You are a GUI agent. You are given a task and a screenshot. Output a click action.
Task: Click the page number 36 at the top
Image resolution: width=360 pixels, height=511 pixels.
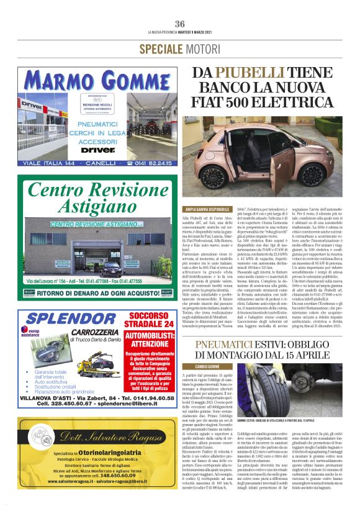coord(180,24)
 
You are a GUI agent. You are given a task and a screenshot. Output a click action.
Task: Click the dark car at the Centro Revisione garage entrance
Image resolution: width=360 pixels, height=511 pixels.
coord(111,269)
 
